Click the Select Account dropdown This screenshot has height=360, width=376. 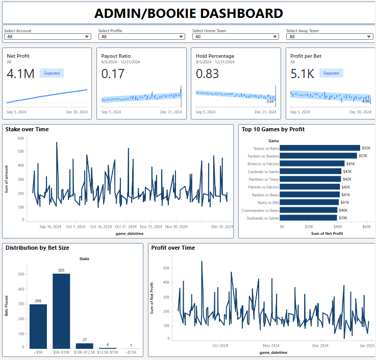pos(47,37)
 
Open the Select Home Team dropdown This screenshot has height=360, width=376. pos(235,37)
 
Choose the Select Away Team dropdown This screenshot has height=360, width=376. pos(330,37)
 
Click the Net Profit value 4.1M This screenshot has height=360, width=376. pos(20,74)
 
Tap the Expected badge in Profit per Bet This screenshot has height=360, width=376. pos(331,73)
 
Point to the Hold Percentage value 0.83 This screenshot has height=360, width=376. pos(208,74)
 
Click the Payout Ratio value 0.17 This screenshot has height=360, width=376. pos(113,74)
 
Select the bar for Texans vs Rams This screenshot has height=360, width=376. pos(320,148)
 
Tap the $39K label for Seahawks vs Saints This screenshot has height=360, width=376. pos(343,218)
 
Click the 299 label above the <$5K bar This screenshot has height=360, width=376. pos(38,301)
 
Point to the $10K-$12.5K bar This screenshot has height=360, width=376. pos(85,346)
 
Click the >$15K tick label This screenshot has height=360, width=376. pos(131,352)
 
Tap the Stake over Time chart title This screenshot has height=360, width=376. pos(27,129)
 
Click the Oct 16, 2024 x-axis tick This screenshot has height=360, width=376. pos(101,226)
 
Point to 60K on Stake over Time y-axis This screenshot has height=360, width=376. pos(21,138)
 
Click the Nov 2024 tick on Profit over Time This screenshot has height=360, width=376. pos(271,346)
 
